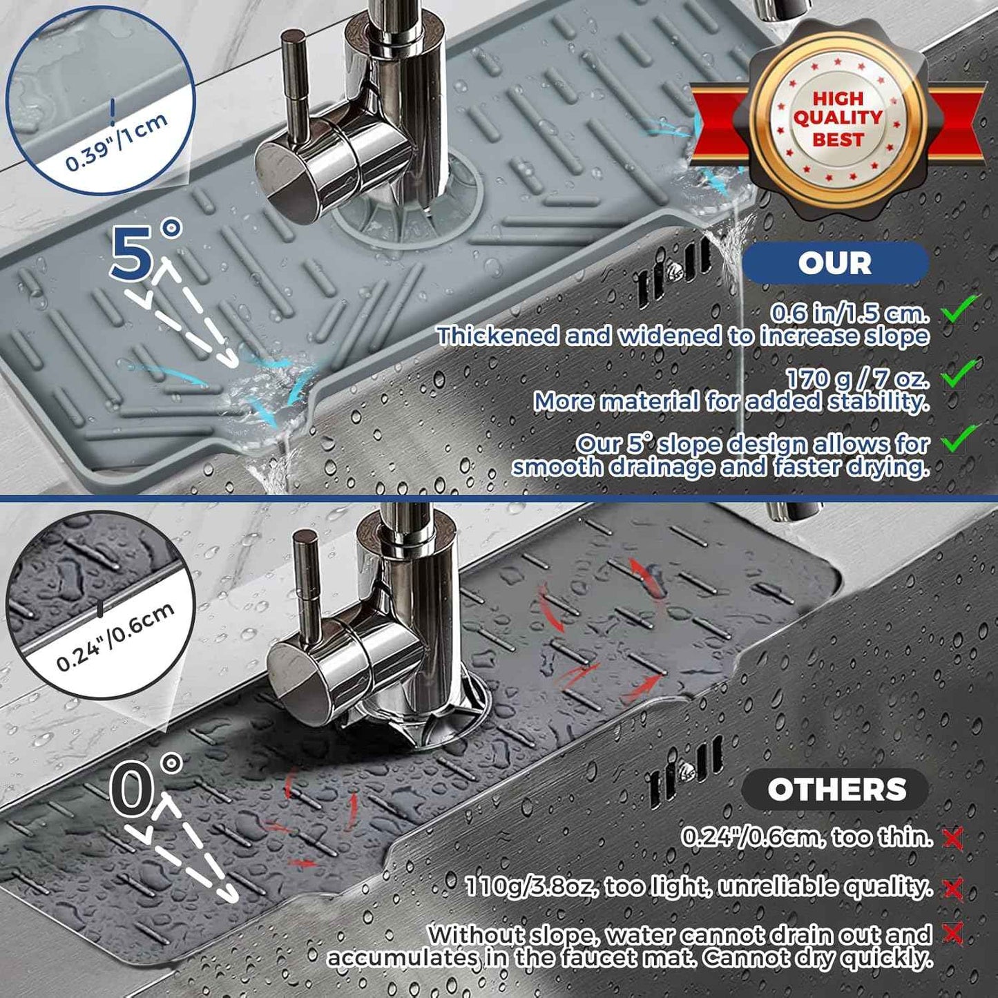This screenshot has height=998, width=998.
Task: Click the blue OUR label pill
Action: (834, 263)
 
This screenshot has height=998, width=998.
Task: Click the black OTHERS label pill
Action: (836, 789)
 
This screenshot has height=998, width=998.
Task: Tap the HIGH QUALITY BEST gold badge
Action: (836, 119)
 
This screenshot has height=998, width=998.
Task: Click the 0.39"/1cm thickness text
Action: (117, 142)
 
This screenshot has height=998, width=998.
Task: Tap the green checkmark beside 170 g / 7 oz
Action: (961, 373)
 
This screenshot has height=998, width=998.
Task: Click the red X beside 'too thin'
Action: (953, 838)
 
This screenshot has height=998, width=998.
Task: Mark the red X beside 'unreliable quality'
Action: (953, 889)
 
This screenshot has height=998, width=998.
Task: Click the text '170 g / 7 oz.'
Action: (856, 378)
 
